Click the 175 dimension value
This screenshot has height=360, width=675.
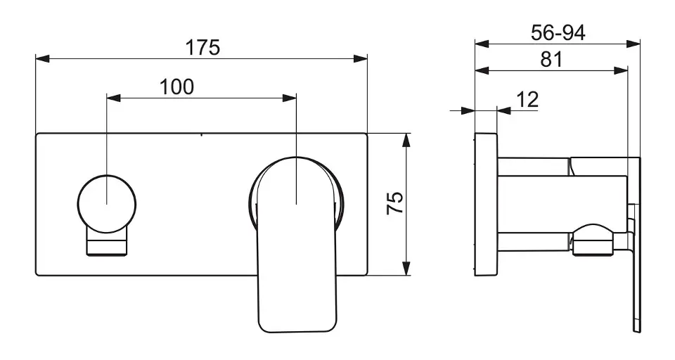pyautogui.click(x=202, y=47)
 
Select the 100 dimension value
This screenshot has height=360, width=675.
pyautogui.click(x=176, y=87)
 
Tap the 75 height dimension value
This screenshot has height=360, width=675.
pyautogui.click(x=395, y=202)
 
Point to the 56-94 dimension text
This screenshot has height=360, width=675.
pyautogui.click(x=558, y=33)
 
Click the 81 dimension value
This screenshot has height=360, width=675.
pyautogui.click(x=551, y=60)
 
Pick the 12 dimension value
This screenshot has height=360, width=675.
pyautogui.click(x=527, y=100)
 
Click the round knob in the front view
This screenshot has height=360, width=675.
pyautogui.click(x=107, y=204)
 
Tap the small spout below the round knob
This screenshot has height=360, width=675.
pyautogui.click(x=107, y=243)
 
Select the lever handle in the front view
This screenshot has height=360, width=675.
pyautogui.click(x=296, y=244)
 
